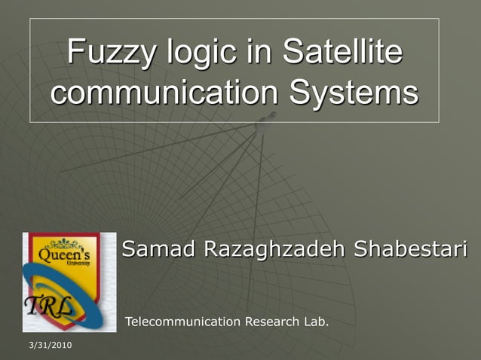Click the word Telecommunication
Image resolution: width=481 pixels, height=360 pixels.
point(182,322)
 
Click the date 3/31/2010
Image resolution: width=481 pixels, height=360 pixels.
point(47,344)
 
